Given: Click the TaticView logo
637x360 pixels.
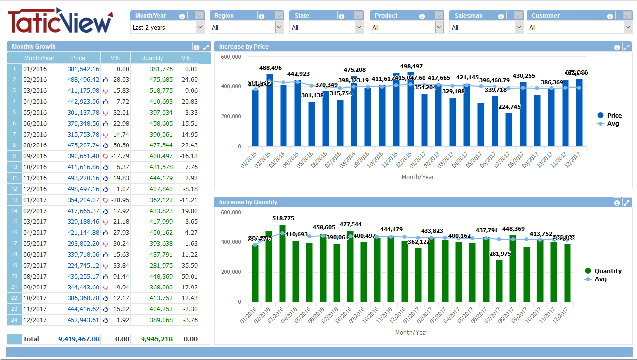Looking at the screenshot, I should click(x=60, y=21).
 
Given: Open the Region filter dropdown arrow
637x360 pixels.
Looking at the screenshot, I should click(x=279, y=27).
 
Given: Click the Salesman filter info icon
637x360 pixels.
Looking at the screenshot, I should click(x=501, y=16).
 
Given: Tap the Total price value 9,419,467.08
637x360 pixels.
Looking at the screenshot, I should click(x=78, y=339).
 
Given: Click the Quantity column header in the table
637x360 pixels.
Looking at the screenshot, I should click(x=151, y=58).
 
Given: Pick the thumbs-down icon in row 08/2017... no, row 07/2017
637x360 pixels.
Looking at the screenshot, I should click(x=105, y=265).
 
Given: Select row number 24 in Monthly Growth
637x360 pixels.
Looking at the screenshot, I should click(x=14, y=320).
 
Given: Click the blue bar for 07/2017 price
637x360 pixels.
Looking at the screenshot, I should click(x=509, y=130).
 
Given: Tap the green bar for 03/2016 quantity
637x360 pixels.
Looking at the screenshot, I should click(x=282, y=263).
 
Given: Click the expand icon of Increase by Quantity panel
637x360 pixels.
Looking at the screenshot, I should click(x=626, y=202).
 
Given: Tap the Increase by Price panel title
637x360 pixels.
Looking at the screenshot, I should click(x=244, y=47).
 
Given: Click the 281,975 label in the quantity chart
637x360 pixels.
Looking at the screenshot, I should click(x=500, y=254).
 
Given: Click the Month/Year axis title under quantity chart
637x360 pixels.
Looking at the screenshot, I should click(x=411, y=332).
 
